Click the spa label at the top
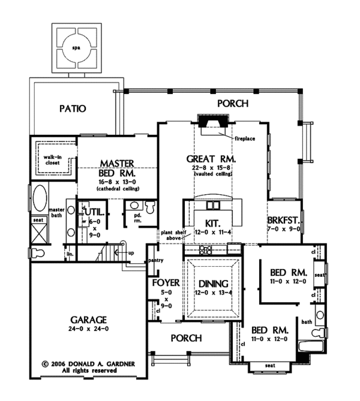76,46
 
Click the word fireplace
245,139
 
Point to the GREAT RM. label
211,159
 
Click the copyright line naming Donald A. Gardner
79,363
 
